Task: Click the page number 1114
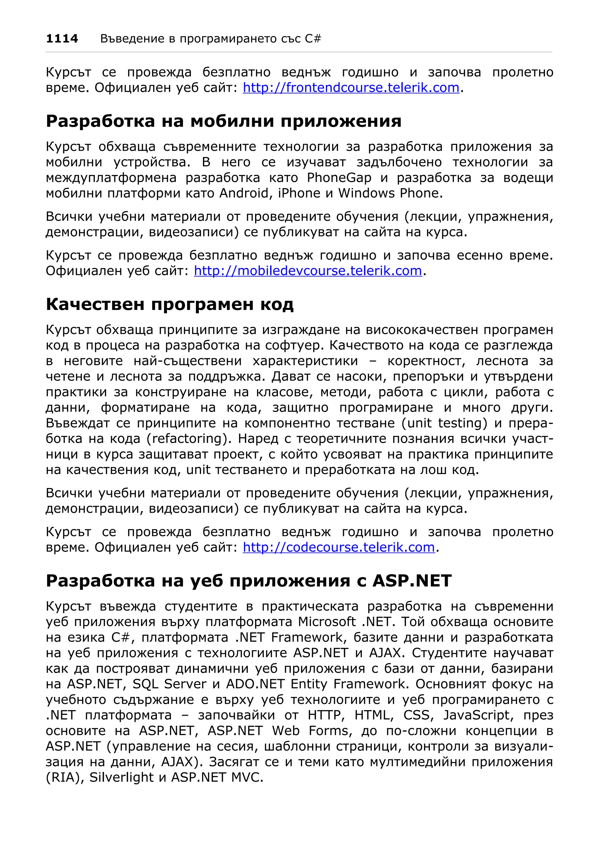click(x=62, y=39)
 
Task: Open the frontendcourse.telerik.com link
click(x=351, y=88)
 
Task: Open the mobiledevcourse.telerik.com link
click(x=308, y=271)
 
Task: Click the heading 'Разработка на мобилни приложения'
click(x=223, y=121)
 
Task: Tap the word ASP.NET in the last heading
click(x=412, y=581)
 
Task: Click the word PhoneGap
click(x=339, y=178)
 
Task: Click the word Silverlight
click(x=121, y=777)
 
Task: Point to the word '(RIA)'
click(x=65, y=777)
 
